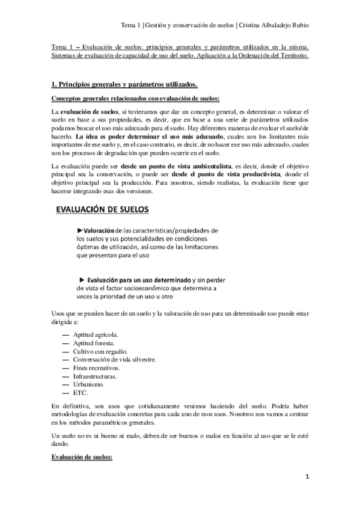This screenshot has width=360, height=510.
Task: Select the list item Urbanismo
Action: point(88,384)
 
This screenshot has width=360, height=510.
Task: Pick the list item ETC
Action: point(80,393)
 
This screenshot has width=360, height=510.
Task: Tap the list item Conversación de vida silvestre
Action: point(114,359)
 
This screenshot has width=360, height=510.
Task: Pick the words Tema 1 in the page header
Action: point(129,25)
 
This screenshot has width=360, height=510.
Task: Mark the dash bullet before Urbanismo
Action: point(65,384)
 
